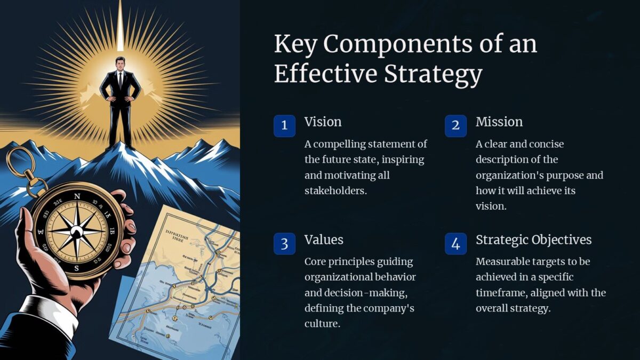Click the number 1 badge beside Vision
284,126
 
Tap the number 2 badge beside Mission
455,126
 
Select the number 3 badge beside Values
284,244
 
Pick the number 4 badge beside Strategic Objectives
455,244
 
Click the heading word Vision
323,122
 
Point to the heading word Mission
499,122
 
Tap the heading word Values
324,239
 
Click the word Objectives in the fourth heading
561,239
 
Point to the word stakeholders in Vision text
335,190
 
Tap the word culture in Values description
322,323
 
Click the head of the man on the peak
120,64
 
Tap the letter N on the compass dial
77,196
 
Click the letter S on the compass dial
76,268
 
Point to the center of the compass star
77,231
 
